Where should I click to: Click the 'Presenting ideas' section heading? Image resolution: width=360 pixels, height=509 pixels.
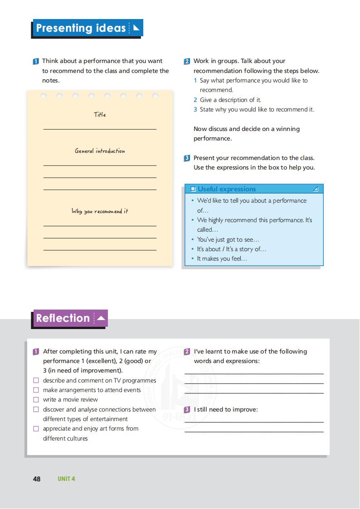(x=81, y=29)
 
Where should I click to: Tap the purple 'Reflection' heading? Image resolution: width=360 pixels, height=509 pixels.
(x=63, y=318)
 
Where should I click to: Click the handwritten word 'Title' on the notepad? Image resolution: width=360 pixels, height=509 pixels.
(x=100, y=115)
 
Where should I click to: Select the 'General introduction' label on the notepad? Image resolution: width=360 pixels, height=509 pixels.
(x=100, y=151)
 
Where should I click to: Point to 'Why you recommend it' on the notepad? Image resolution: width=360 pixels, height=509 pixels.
(x=100, y=211)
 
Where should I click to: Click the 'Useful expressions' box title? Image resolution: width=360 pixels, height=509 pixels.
(x=227, y=189)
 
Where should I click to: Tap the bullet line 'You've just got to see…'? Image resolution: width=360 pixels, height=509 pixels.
(x=228, y=239)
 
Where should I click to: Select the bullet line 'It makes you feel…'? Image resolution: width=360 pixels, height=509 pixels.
(x=222, y=259)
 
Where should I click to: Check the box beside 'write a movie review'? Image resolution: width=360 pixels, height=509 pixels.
(x=36, y=400)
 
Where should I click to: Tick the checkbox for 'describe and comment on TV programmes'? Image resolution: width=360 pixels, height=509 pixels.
(x=36, y=381)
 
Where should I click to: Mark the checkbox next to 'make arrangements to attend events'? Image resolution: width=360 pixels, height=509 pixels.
(x=36, y=390)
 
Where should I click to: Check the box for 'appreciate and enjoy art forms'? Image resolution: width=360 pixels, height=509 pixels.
(x=36, y=429)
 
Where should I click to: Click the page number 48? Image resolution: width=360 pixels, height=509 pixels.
(x=37, y=479)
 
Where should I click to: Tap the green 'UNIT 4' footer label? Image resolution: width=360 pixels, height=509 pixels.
(x=66, y=479)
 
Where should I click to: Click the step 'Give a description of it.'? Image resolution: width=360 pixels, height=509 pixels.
(x=230, y=100)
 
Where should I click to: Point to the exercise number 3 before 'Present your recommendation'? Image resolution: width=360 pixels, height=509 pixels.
(x=187, y=158)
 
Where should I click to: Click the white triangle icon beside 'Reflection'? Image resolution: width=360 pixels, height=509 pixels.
(x=101, y=318)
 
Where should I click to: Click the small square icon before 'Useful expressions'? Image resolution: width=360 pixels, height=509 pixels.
(x=193, y=189)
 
